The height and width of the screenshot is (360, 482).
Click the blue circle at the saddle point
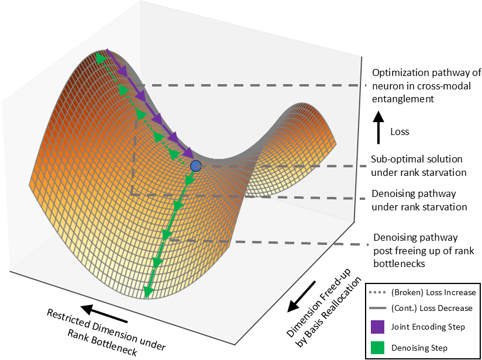tap(195, 166)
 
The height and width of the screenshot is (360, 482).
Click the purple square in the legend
tap(377, 327)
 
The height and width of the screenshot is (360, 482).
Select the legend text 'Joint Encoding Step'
tap(428, 327)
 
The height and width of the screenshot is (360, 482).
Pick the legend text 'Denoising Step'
tap(419, 348)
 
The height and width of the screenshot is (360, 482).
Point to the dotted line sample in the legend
tap(378, 293)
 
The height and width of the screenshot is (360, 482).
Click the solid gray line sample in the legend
tap(378, 308)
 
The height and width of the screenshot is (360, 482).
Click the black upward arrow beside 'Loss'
tap(378, 127)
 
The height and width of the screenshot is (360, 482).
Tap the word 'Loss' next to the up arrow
tap(400, 131)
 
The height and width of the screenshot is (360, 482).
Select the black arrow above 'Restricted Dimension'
tap(104, 314)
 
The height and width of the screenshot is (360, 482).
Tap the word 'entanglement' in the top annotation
tap(403, 99)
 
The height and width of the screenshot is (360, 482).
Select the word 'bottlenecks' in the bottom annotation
tap(400, 264)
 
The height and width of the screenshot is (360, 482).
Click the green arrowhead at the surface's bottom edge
tap(148, 291)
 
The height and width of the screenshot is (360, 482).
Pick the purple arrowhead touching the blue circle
tap(188, 154)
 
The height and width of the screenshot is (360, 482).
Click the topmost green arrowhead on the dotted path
tap(100, 58)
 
